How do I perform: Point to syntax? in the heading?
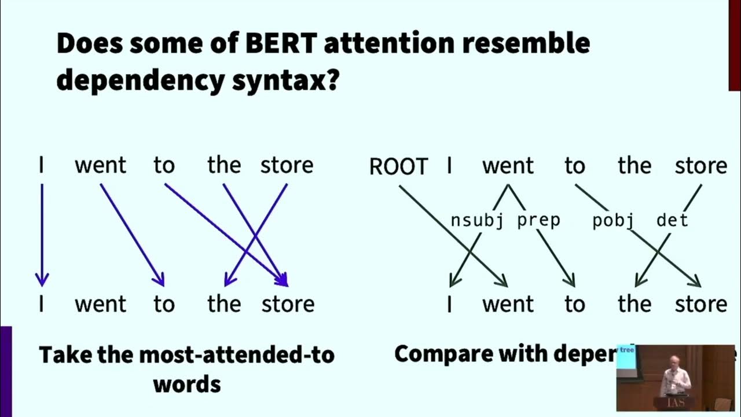(x=285, y=81)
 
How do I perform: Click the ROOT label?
(x=398, y=167)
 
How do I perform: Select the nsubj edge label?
(x=476, y=221)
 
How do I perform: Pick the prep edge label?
(x=538, y=221)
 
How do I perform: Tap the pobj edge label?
(x=613, y=221)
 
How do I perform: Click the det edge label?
(x=672, y=221)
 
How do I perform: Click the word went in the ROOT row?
(x=508, y=166)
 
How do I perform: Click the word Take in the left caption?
(x=63, y=354)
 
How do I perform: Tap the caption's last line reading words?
(x=186, y=383)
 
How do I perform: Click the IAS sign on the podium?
(x=673, y=403)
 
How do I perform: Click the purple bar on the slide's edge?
(x=6, y=371)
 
